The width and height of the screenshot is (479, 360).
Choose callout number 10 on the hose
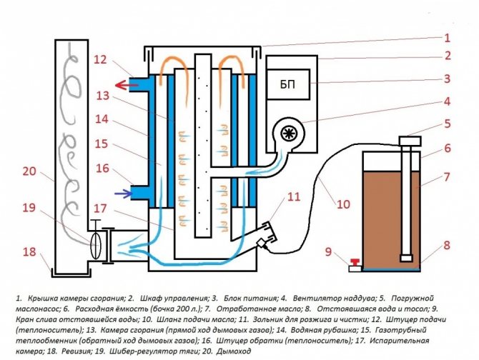click(342, 204)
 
